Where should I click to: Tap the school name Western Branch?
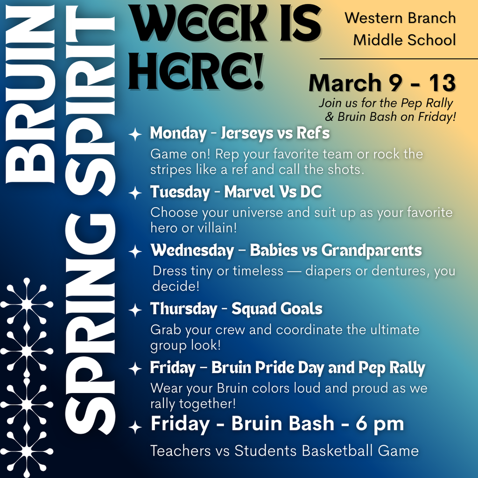[x=400, y=18]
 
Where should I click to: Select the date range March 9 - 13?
[x=382, y=83]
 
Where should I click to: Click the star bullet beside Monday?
[x=135, y=134]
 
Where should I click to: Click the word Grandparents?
[x=371, y=251]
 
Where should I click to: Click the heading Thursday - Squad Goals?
[x=236, y=309]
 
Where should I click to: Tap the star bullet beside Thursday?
[x=135, y=310]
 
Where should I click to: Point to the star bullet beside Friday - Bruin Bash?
[x=135, y=427]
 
